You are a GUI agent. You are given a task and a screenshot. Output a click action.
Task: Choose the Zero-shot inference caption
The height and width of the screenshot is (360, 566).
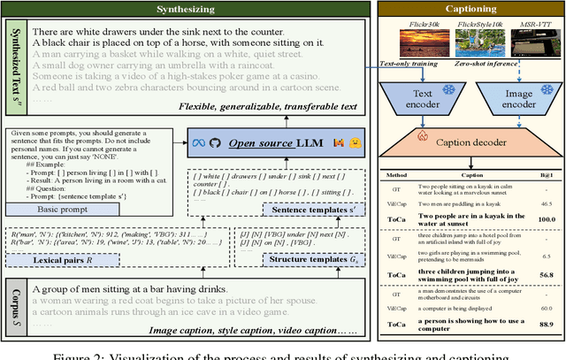[522, 64]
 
